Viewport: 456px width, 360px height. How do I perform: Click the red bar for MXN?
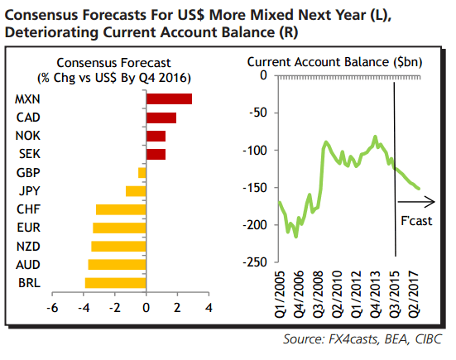click(x=169, y=98)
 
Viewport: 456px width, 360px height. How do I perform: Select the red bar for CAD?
click(x=161, y=117)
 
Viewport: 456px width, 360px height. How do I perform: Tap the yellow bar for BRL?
click(x=115, y=283)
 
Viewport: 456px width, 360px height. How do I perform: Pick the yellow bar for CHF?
click(x=121, y=209)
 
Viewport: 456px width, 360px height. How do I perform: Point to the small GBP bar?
click(x=142, y=172)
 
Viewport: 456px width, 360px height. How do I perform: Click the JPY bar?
click(x=136, y=191)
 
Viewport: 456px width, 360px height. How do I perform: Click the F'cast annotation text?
click(x=417, y=223)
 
